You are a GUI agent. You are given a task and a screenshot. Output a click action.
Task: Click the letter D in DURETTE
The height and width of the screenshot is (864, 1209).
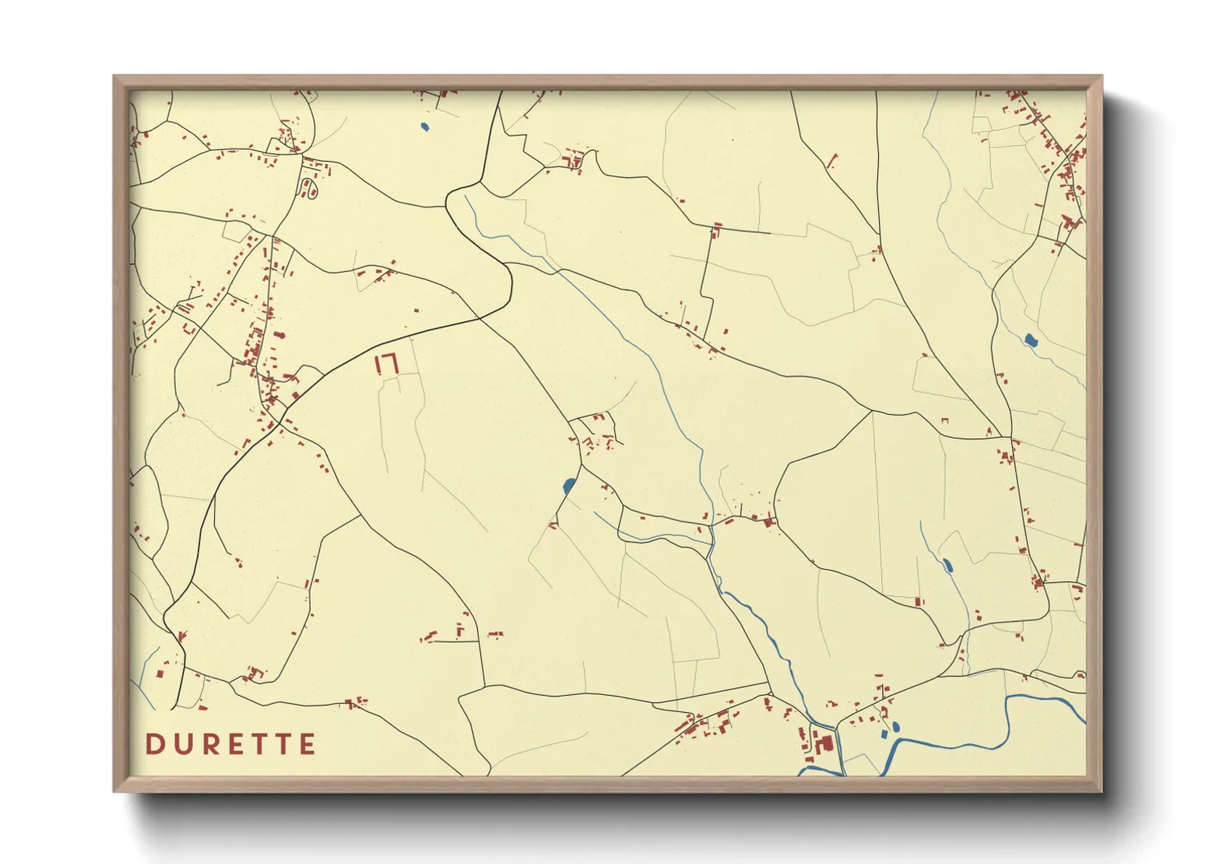pos(154,744)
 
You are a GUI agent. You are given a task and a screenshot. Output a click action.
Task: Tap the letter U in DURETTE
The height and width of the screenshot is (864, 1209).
pos(181,744)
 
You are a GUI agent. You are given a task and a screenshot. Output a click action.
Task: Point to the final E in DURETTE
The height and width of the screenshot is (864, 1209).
pos(308,744)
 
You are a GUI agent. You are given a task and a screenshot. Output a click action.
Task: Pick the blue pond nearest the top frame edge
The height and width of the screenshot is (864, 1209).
pos(424,127)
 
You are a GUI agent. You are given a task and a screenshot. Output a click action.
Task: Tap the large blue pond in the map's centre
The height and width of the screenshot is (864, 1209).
pos(569,487)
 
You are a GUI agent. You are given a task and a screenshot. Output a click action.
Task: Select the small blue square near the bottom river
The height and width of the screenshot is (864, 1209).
pos(884,734)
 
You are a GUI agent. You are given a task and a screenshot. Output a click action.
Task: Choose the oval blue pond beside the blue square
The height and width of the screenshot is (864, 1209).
pos(896,726)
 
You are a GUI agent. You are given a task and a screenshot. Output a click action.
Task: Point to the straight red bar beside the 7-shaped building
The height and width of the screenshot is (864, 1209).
pos(378,364)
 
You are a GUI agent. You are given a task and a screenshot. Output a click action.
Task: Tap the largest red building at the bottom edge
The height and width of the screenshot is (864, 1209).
pos(823,744)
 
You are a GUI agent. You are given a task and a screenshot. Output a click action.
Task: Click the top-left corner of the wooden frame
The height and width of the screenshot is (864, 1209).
pos(114,76)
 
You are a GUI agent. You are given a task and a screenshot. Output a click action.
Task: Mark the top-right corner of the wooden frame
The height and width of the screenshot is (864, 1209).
pos(1102,76)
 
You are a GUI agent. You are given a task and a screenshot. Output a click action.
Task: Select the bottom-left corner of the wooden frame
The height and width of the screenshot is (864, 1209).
pos(114,791)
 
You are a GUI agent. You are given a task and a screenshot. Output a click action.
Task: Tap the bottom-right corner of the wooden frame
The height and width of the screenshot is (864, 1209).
pos(1102,791)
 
